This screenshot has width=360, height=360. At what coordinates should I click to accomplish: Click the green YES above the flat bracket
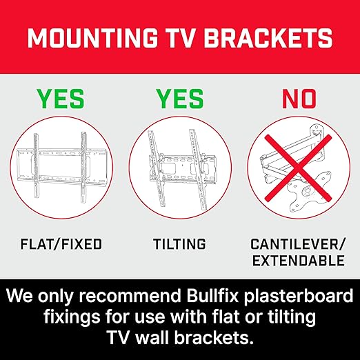(61, 99)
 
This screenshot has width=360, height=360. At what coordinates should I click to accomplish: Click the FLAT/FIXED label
(61, 244)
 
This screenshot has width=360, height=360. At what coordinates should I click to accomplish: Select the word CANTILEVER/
(297, 244)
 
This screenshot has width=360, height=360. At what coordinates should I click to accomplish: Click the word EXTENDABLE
(297, 261)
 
